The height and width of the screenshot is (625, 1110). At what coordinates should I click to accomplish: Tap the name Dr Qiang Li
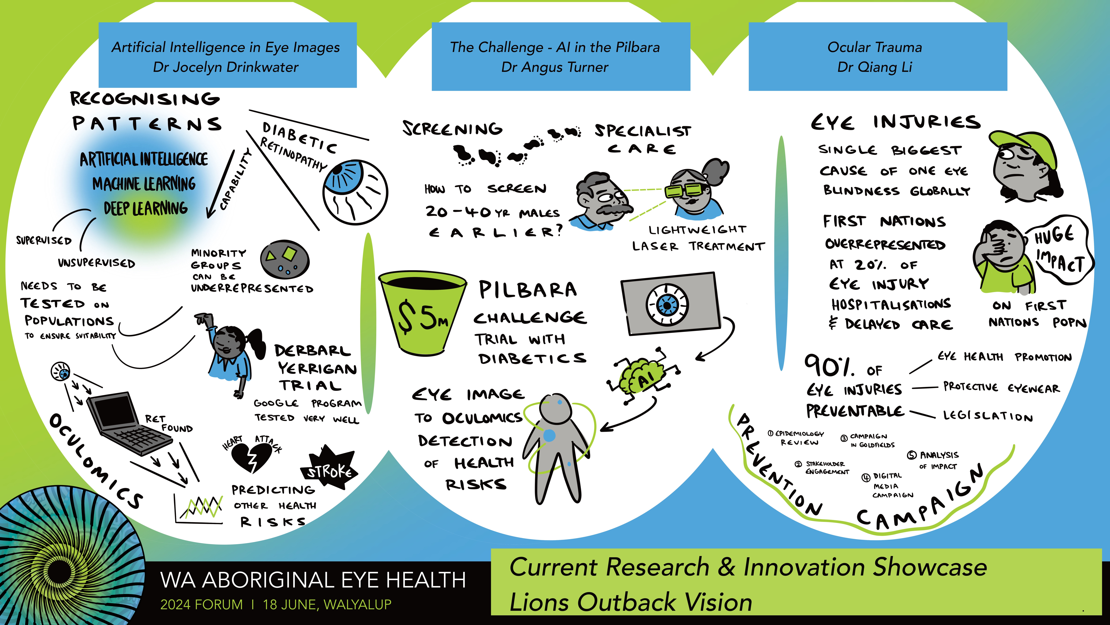(x=875, y=67)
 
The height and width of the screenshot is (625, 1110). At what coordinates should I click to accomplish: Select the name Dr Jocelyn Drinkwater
(x=226, y=67)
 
